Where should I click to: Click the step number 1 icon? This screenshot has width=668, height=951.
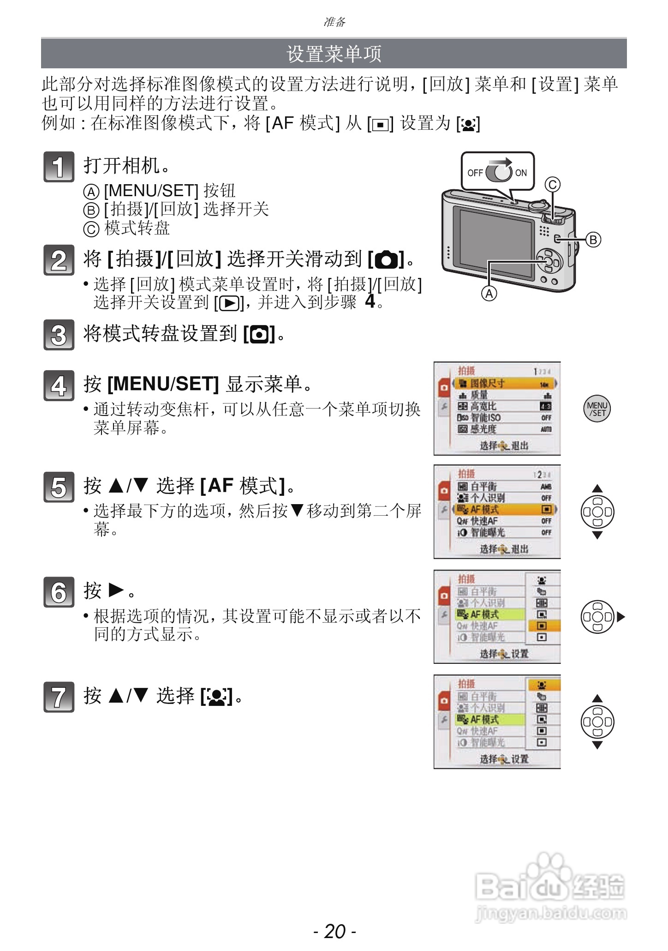click(x=59, y=167)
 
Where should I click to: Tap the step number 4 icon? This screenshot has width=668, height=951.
click(x=59, y=385)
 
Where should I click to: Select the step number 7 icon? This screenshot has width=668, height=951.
click(x=59, y=697)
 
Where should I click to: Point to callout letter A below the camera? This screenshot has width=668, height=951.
click(x=489, y=294)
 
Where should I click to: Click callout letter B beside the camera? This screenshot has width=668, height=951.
click(x=593, y=240)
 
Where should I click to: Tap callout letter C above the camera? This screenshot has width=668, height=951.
click(x=552, y=185)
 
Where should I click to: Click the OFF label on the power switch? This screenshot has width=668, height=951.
click(x=475, y=173)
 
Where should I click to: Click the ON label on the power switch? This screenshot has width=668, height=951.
click(x=521, y=173)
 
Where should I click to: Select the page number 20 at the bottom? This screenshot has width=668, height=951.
click(x=334, y=931)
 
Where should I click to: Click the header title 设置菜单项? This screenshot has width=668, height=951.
click(x=334, y=54)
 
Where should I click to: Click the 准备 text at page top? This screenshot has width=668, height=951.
click(x=334, y=22)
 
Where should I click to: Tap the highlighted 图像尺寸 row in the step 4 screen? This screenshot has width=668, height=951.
click(x=505, y=384)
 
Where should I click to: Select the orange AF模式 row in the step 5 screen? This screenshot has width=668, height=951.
click(x=505, y=510)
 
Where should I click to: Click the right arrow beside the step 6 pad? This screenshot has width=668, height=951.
click(x=620, y=617)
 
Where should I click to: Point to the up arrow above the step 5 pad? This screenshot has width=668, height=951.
click(x=597, y=488)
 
